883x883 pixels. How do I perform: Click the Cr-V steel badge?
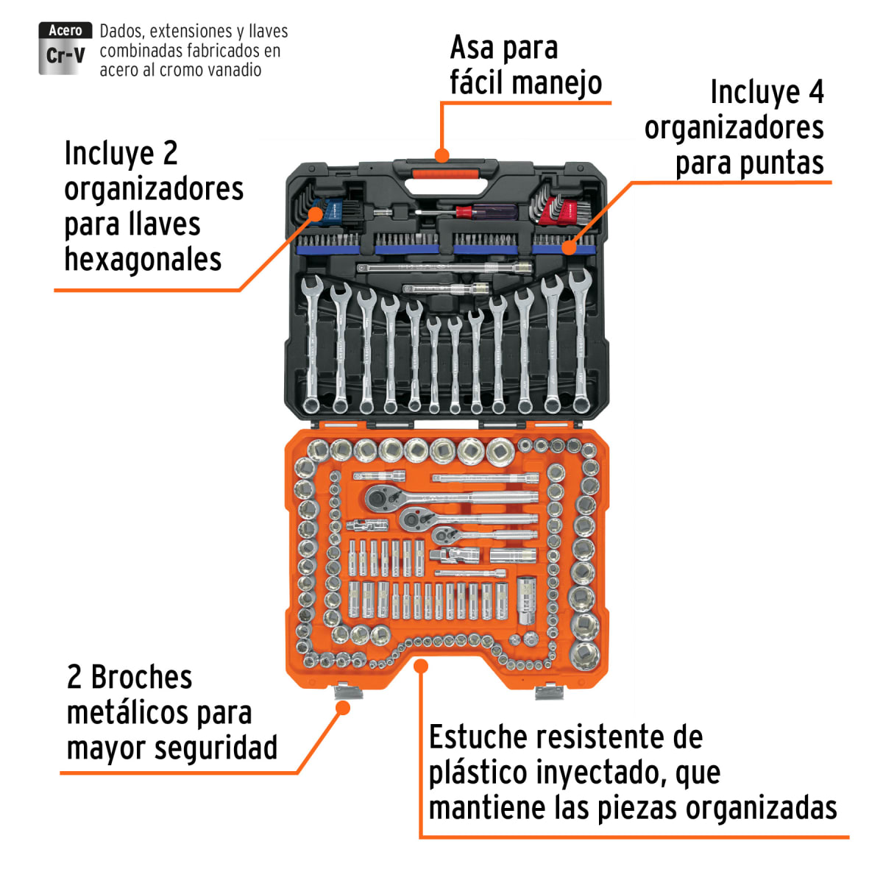pos(65,49)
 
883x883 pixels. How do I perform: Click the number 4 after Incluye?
pos(815,93)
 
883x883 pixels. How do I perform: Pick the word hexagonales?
pos(143,260)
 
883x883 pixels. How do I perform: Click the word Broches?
pos(141,677)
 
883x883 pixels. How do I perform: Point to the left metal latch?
pos(347,691)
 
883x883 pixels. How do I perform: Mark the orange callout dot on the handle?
pos(441,155)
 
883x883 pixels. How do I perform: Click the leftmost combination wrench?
pos(312,342)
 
